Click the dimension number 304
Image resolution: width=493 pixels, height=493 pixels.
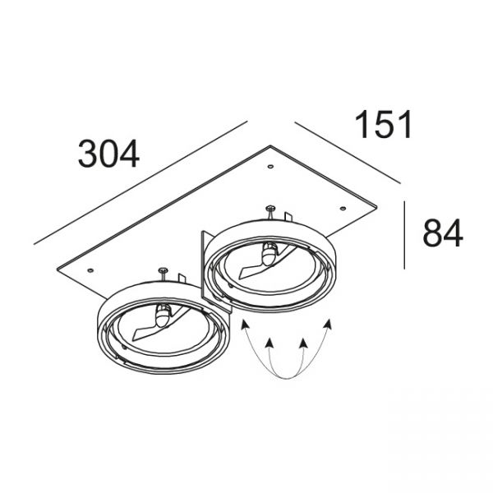pyautogui.click(x=108, y=154)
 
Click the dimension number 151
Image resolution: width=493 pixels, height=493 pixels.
pyautogui.click(x=383, y=124)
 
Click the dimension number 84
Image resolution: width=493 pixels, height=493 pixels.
pyautogui.click(x=443, y=233)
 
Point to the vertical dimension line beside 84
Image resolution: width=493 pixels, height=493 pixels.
pyautogui.click(x=404, y=235)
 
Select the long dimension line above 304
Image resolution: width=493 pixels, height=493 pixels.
pyautogui.click(x=141, y=182)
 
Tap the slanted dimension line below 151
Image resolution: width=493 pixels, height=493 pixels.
pyautogui.click(x=348, y=153)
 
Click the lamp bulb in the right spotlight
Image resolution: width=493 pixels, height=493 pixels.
pyautogui.click(x=270, y=254)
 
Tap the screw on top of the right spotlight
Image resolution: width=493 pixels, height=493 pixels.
pyautogui.click(x=270, y=211)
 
